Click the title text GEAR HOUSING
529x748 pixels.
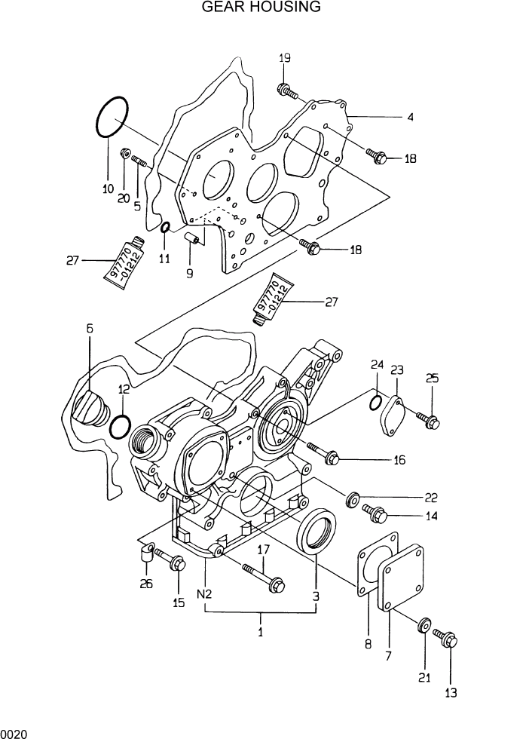click(261, 8)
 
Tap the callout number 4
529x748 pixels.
click(410, 118)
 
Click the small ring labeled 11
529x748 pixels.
click(166, 228)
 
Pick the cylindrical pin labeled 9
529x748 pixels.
click(193, 241)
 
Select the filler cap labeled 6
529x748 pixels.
click(85, 408)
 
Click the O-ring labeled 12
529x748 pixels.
click(119, 427)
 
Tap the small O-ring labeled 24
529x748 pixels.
click(375, 403)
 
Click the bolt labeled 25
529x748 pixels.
click(428, 421)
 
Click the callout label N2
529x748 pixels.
click(204, 594)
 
